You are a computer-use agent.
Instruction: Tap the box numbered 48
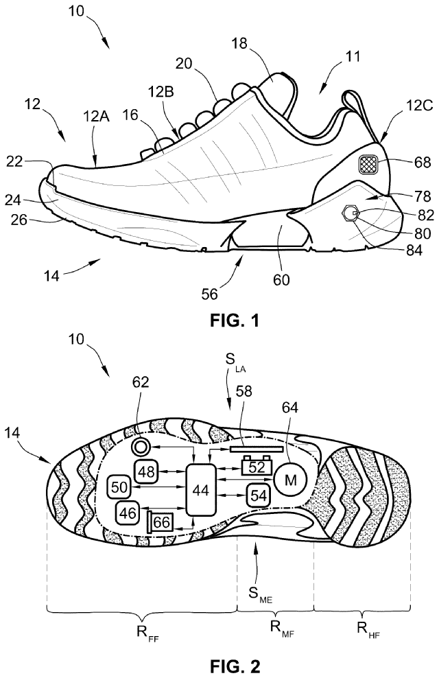click(147, 470)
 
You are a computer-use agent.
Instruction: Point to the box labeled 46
click(128, 512)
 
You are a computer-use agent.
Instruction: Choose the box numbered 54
click(259, 495)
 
